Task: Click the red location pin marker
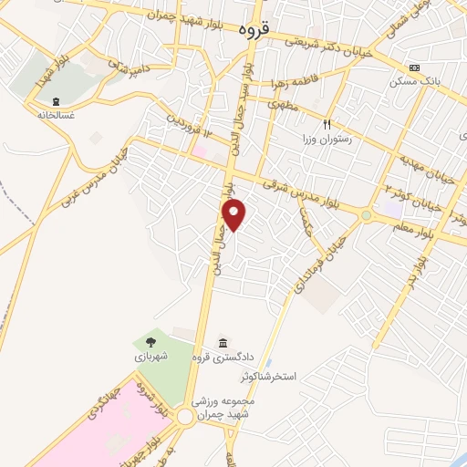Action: pyautogui.click(x=234, y=214)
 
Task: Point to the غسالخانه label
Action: pyautogui.click(x=55, y=116)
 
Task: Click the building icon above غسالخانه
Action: pyautogui.click(x=56, y=101)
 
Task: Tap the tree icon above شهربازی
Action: pyautogui.click(x=149, y=343)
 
